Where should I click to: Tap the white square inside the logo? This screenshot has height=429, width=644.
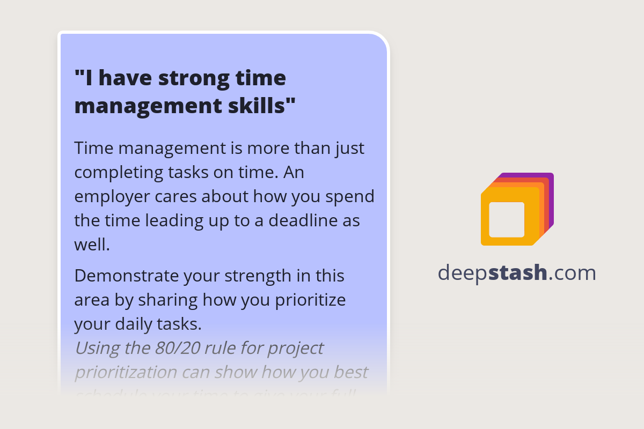(507, 220)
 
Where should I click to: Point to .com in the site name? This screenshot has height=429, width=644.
(572, 273)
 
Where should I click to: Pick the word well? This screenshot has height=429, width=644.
(92, 245)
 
